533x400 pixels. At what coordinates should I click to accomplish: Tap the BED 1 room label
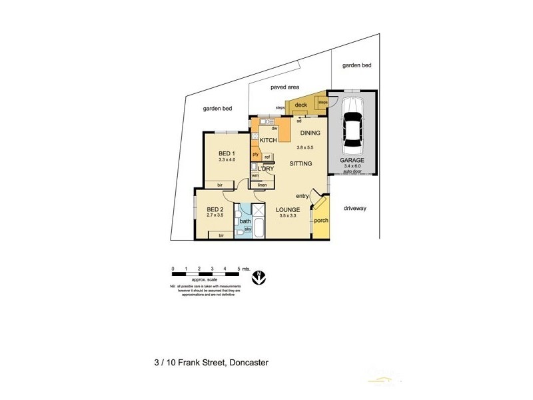pyautogui.click(x=227, y=152)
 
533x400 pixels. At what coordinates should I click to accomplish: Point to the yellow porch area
pyautogui.click(x=321, y=221)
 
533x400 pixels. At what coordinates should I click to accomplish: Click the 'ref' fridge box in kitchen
pyautogui.click(x=267, y=157)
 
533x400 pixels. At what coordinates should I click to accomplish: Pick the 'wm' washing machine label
pyautogui.click(x=255, y=175)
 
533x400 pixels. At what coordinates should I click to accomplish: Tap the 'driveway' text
pyautogui.click(x=354, y=208)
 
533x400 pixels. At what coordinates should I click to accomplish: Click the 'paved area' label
pyautogui.click(x=284, y=87)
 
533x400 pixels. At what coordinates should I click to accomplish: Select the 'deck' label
pyautogui.click(x=300, y=105)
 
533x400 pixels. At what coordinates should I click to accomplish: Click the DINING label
pyautogui.click(x=310, y=133)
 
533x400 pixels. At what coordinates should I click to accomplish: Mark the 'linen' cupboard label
pyautogui.click(x=263, y=185)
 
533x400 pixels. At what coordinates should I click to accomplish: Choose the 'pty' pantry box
pyautogui.click(x=255, y=154)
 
